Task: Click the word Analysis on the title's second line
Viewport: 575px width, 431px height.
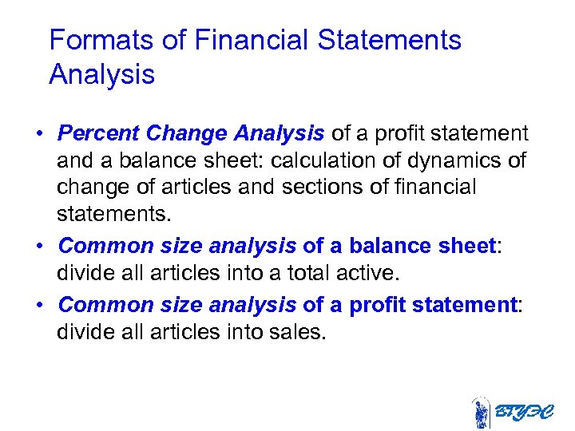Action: tap(101, 74)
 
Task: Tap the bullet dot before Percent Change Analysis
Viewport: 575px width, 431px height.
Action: tap(39, 133)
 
